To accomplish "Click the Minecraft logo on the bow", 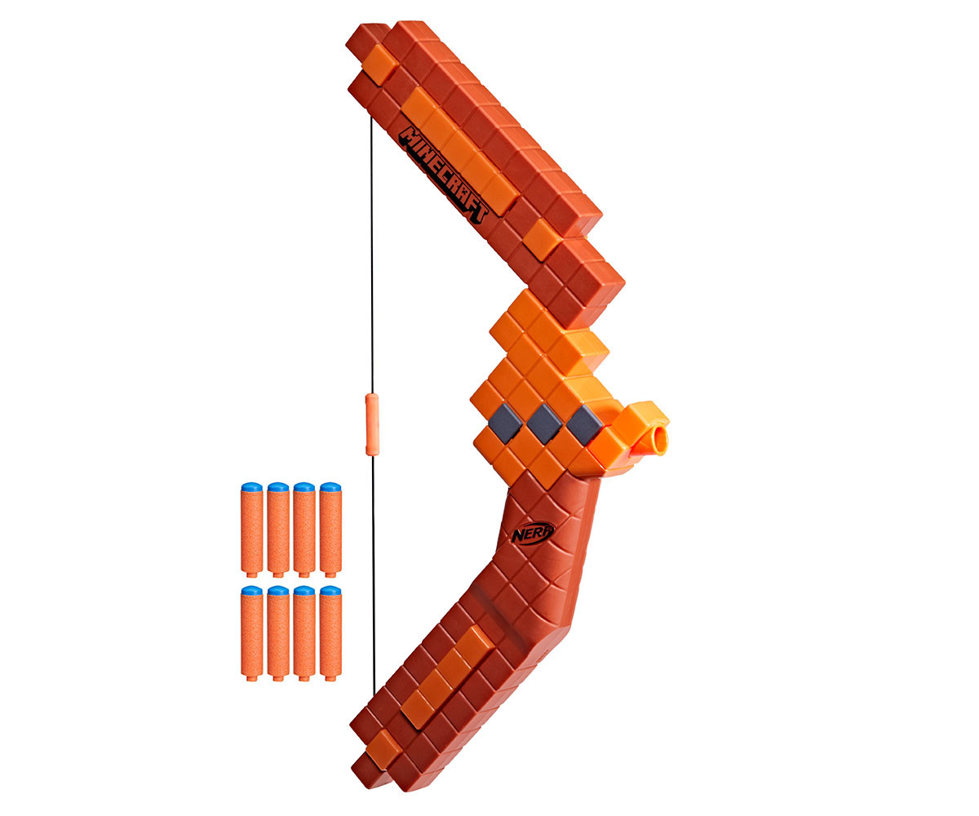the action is pos(443,175).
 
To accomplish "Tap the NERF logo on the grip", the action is pos(533,532).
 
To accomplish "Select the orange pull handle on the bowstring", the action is pos(372,424).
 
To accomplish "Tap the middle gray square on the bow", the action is pos(544,424).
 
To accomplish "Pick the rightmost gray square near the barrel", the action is pos(584,424).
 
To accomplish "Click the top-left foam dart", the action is pos(252,530).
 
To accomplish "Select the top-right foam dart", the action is pos(330,530).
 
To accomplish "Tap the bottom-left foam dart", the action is pos(252,633).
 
